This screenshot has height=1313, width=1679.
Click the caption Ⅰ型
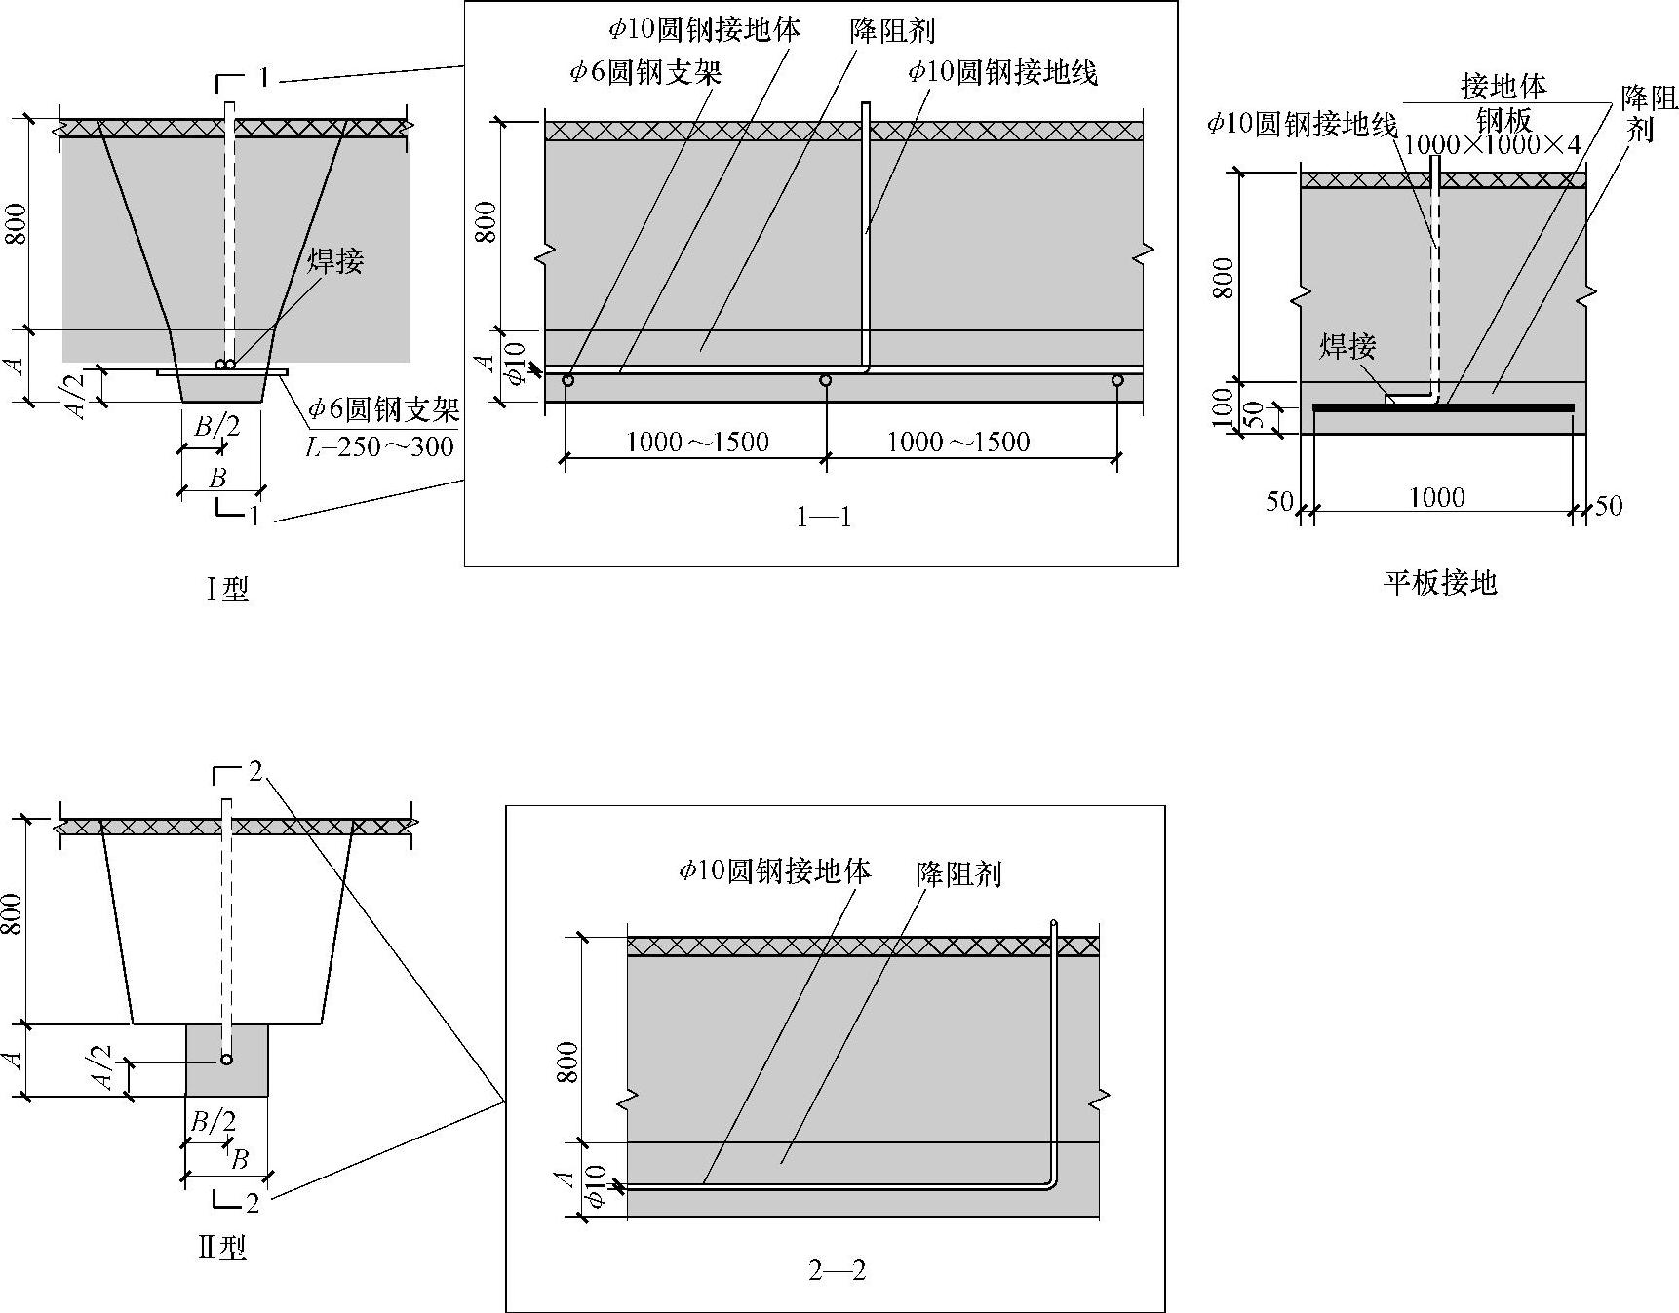(227, 589)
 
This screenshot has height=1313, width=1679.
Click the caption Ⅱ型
(222, 1248)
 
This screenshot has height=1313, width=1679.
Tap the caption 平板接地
(1439, 583)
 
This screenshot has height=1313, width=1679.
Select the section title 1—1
(824, 518)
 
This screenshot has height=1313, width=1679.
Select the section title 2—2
(837, 1270)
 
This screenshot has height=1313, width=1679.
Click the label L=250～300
(380, 446)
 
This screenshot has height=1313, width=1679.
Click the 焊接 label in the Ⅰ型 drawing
(335, 260)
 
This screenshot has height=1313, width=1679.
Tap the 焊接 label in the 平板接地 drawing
(1347, 346)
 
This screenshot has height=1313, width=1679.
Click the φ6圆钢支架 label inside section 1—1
(646, 71)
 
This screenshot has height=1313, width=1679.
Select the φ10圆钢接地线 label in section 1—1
(1002, 71)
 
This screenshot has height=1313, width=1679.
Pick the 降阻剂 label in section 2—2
(958, 873)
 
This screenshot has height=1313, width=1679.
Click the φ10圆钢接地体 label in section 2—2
(775, 870)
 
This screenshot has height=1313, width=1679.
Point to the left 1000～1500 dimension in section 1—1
(696, 443)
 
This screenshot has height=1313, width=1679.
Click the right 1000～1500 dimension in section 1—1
(957, 443)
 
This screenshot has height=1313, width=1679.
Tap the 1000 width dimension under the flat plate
(1437, 498)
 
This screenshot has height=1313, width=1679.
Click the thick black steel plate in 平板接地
(1443, 407)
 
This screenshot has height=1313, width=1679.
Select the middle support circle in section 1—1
(826, 380)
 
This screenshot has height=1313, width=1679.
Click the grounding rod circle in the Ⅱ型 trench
(226, 1060)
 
